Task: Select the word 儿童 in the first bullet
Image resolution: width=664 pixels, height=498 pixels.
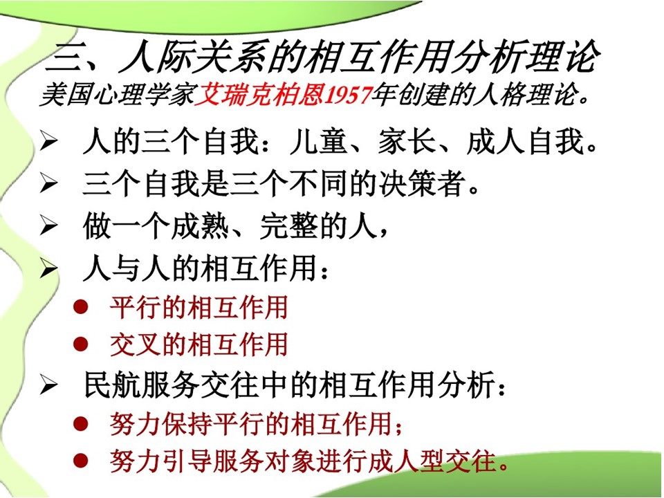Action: point(318,141)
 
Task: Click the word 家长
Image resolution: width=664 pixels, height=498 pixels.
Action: point(407,141)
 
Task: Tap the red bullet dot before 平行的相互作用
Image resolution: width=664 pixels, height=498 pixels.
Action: point(80,307)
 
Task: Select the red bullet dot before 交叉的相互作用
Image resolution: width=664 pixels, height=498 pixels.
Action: point(80,344)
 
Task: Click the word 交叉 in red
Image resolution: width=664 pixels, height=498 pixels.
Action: point(136,344)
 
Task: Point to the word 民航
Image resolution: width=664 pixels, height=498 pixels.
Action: point(113,385)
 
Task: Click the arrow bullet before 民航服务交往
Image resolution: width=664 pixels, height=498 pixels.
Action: point(48,385)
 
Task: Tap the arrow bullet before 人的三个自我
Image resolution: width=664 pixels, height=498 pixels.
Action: point(48,141)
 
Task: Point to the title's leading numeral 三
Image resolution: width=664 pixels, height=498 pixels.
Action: point(64,57)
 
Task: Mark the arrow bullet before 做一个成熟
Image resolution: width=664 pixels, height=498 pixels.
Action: point(48,225)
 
